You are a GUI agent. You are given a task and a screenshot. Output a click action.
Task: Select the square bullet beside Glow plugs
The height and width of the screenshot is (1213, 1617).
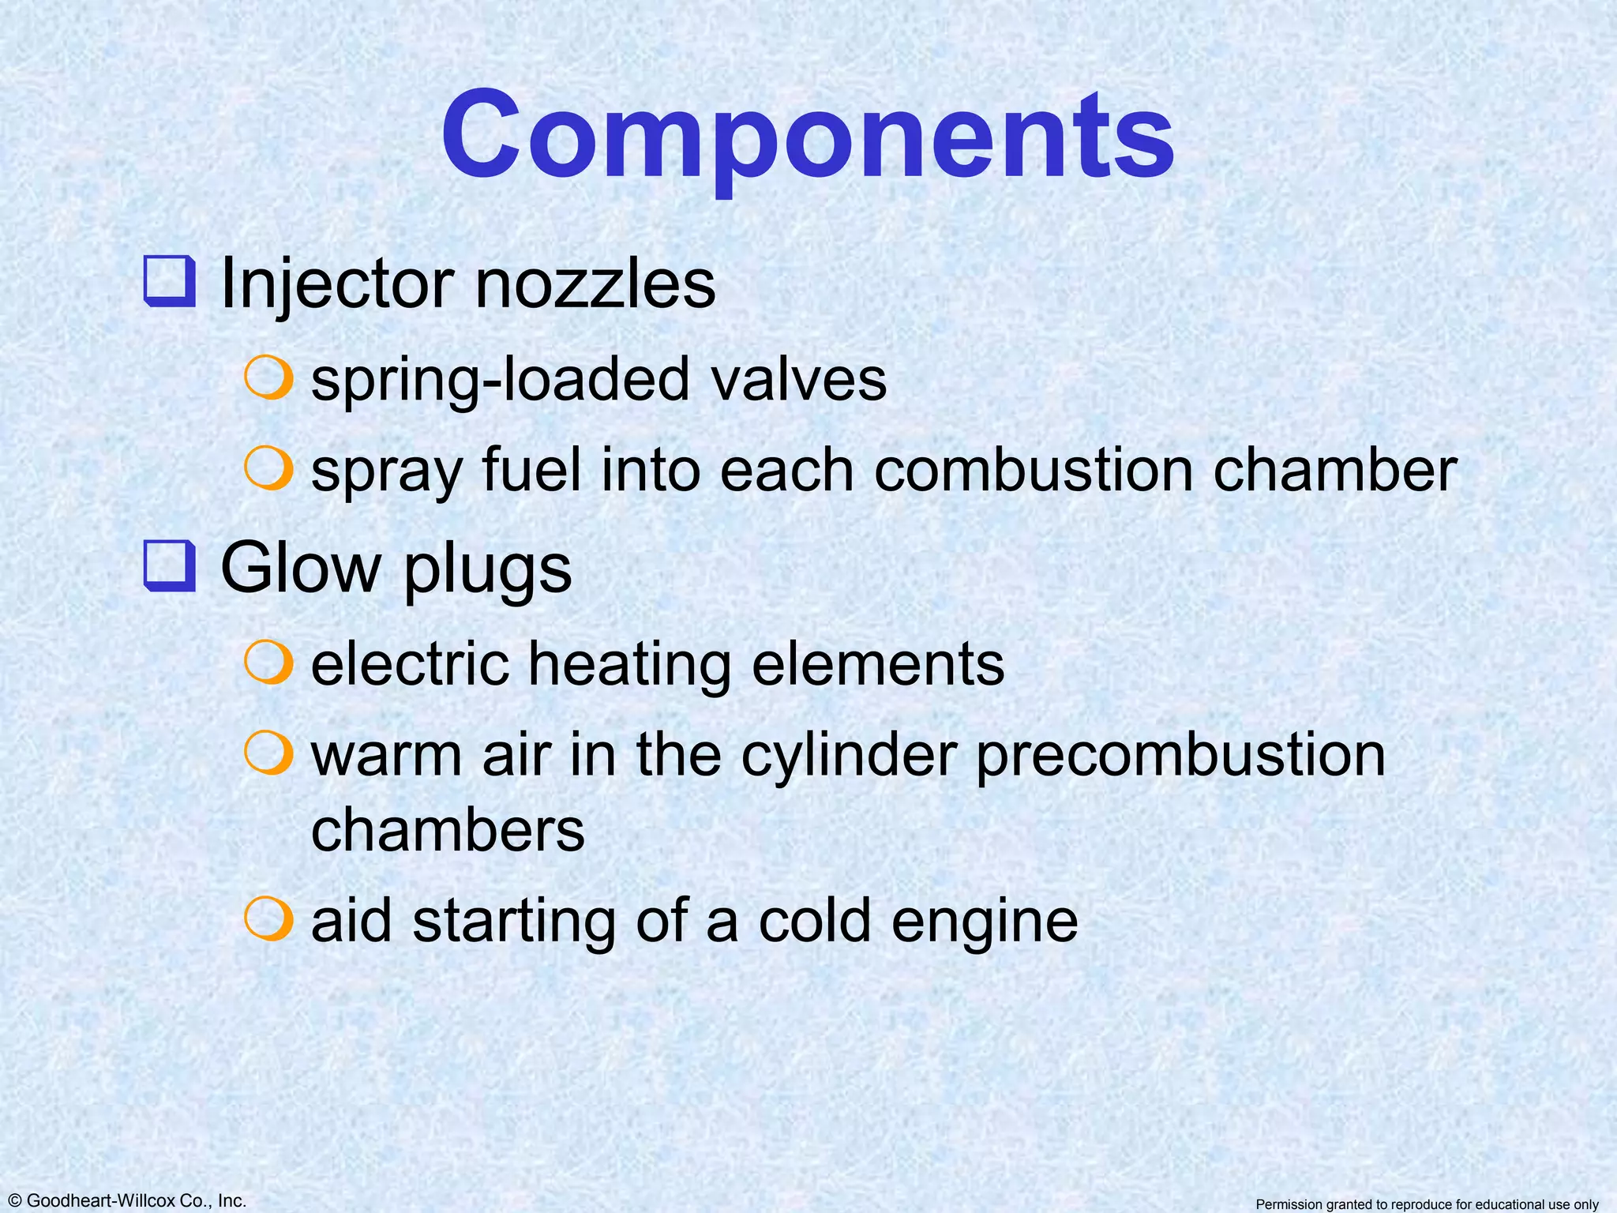click(x=169, y=566)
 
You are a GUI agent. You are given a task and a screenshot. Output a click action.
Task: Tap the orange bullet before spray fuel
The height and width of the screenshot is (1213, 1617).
click(x=269, y=468)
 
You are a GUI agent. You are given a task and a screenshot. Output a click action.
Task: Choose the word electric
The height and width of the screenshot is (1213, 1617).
click(x=410, y=663)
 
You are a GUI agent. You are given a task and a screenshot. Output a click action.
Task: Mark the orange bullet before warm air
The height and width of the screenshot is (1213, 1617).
click(x=269, y=752)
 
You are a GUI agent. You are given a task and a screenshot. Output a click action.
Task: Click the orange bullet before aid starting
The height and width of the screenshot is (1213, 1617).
click(x=269, y=918)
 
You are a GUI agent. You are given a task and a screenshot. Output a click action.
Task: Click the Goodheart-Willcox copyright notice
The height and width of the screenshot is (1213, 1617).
click(x=124, y=1200)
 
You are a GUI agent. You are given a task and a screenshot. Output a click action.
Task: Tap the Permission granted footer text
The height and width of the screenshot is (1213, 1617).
click(x=1427, y=1204)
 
